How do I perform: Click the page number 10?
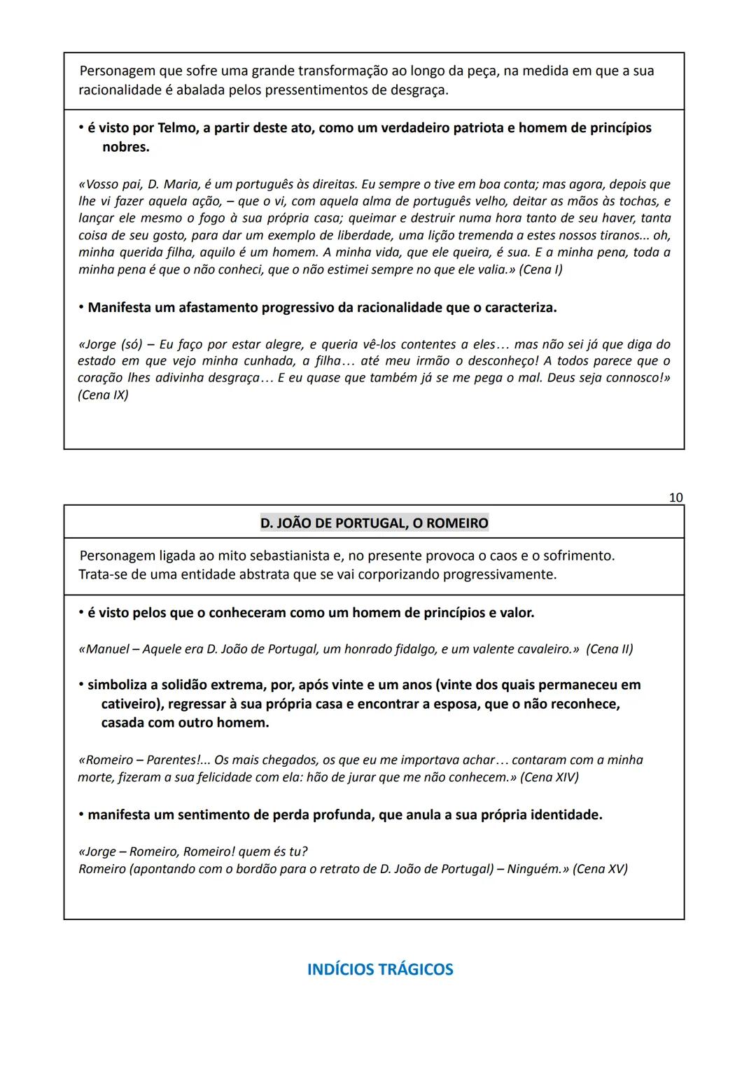(675, 497)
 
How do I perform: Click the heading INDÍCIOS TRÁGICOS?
(380, 969)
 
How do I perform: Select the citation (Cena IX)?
(103, 395)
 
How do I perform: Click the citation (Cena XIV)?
(549, 777)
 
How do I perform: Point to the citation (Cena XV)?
(600, 869)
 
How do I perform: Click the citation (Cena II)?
(609, 649)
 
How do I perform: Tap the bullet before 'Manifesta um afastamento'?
(81, 308)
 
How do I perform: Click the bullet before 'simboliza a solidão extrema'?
(81, 685)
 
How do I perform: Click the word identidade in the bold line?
(565, 815)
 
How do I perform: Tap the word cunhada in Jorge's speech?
(271, 361)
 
